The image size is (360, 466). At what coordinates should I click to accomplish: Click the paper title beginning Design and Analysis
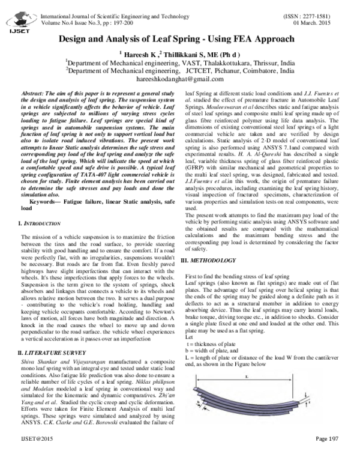click(180, 38)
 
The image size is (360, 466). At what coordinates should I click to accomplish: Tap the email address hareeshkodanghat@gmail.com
click(179, 79)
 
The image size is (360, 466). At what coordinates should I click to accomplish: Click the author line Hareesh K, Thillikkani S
click(179, 53)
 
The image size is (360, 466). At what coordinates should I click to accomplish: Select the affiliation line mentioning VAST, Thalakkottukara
click(179, 62)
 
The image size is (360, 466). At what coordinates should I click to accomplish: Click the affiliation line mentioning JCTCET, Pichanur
click(179, 71)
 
